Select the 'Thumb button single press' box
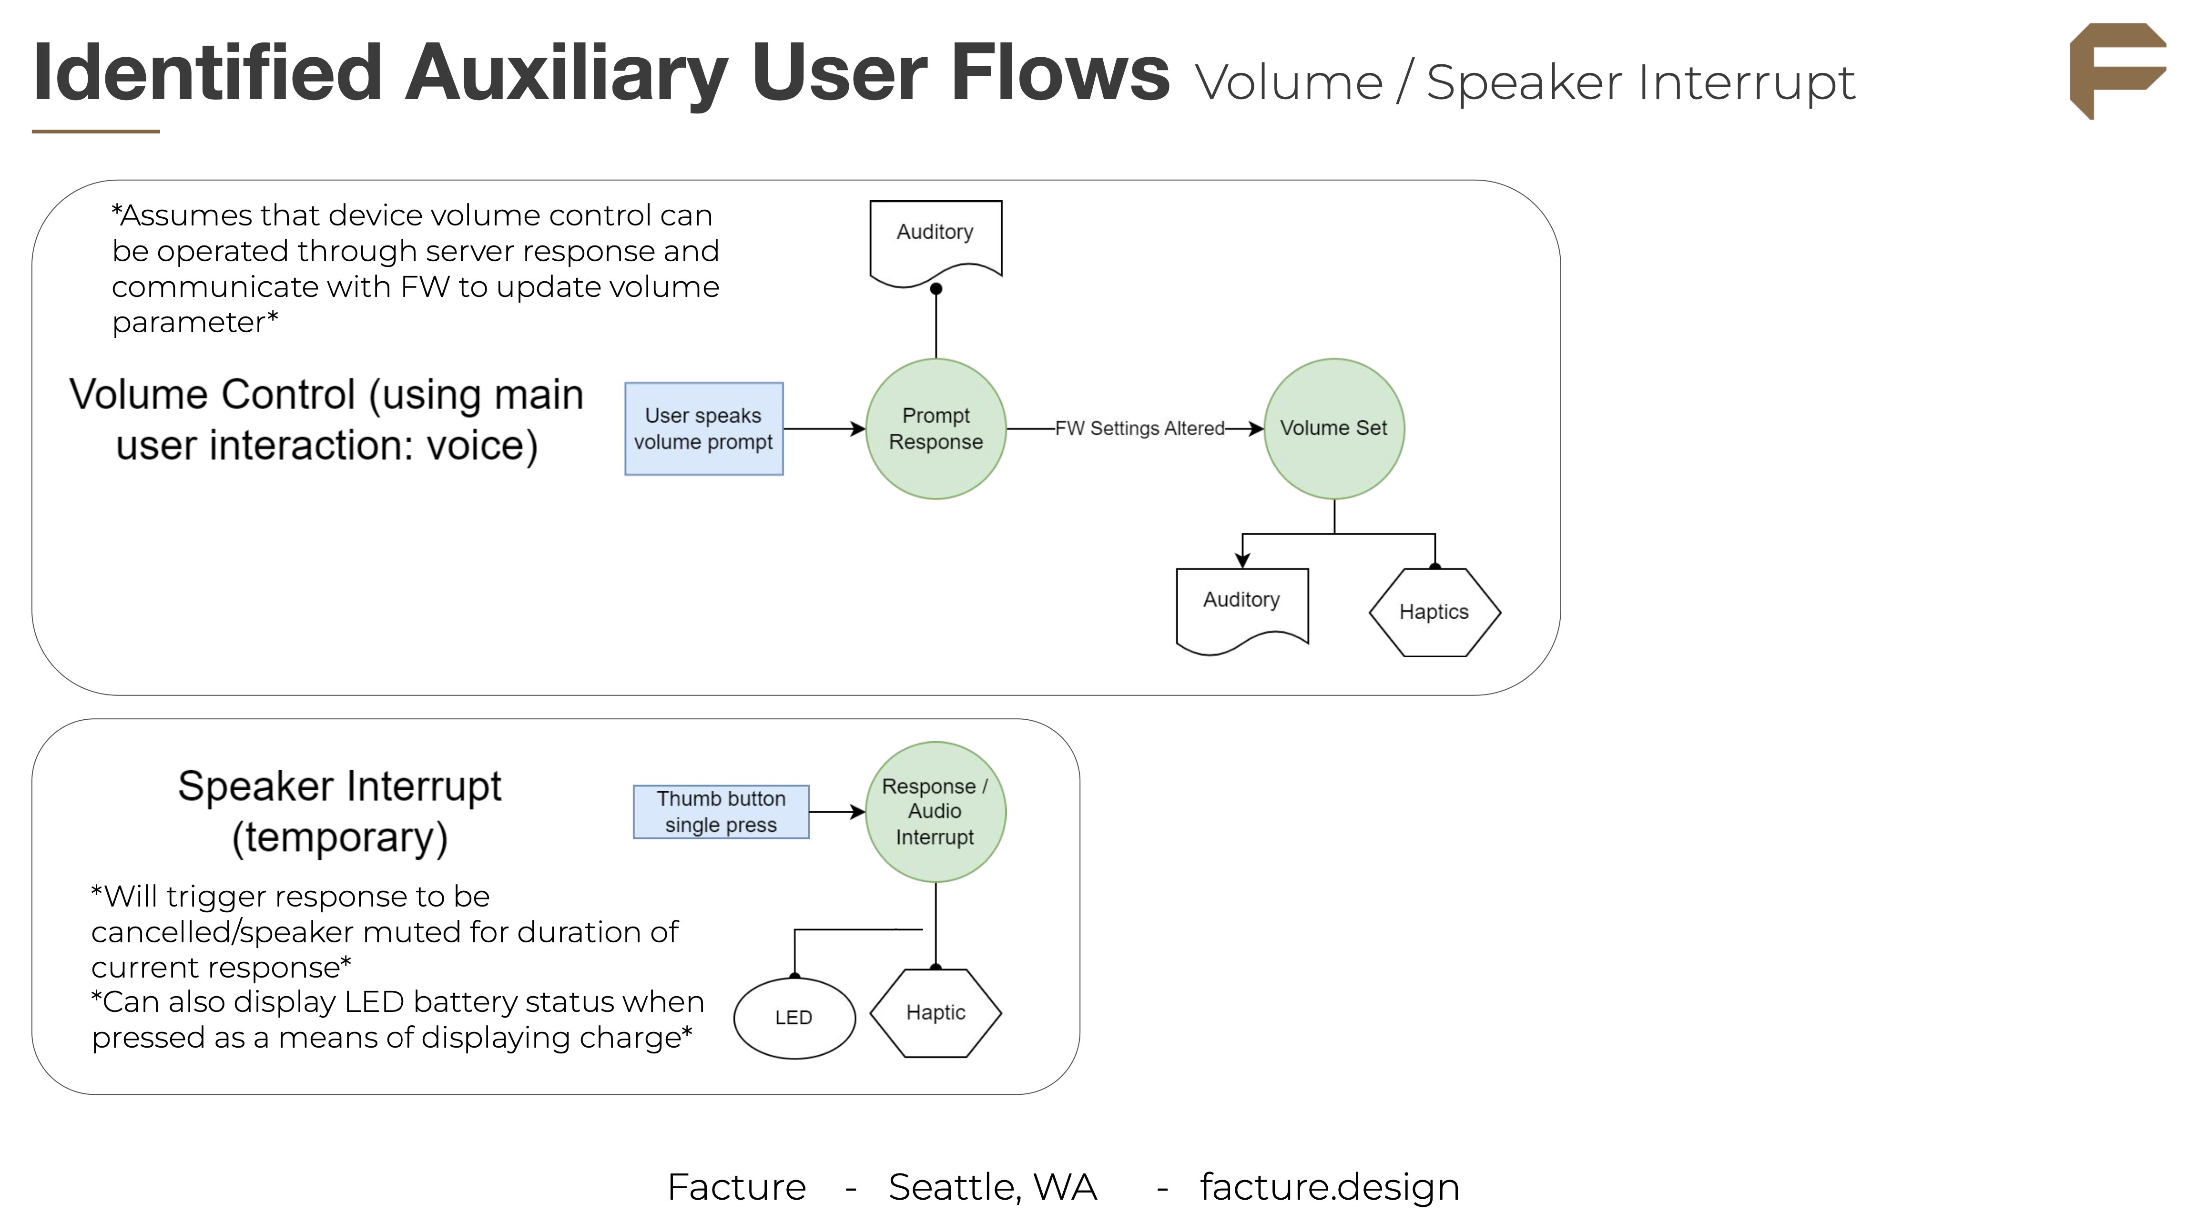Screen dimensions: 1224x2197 coord(721,811)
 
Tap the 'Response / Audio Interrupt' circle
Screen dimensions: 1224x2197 coord(935,811)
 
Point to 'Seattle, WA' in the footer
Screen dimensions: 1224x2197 coord(992,1186)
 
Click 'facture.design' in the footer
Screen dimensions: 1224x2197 coord(1329,1186)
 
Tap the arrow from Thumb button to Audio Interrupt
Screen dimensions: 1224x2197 coord(836,812)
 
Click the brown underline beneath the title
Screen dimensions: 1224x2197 coord(95,132)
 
